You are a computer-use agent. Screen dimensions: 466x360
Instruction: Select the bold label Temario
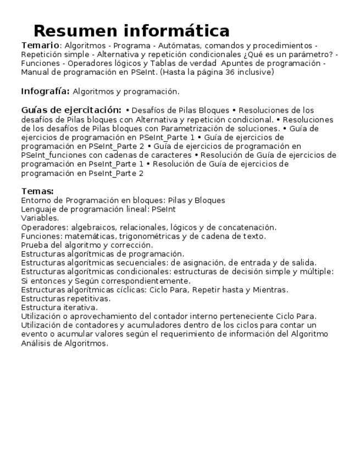40,45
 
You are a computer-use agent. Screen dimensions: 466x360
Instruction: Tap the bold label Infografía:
45,91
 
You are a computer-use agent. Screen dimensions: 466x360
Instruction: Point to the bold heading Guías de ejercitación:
71,110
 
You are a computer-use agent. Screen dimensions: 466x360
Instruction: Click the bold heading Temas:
37,191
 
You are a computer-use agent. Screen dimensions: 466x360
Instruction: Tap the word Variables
40,218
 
